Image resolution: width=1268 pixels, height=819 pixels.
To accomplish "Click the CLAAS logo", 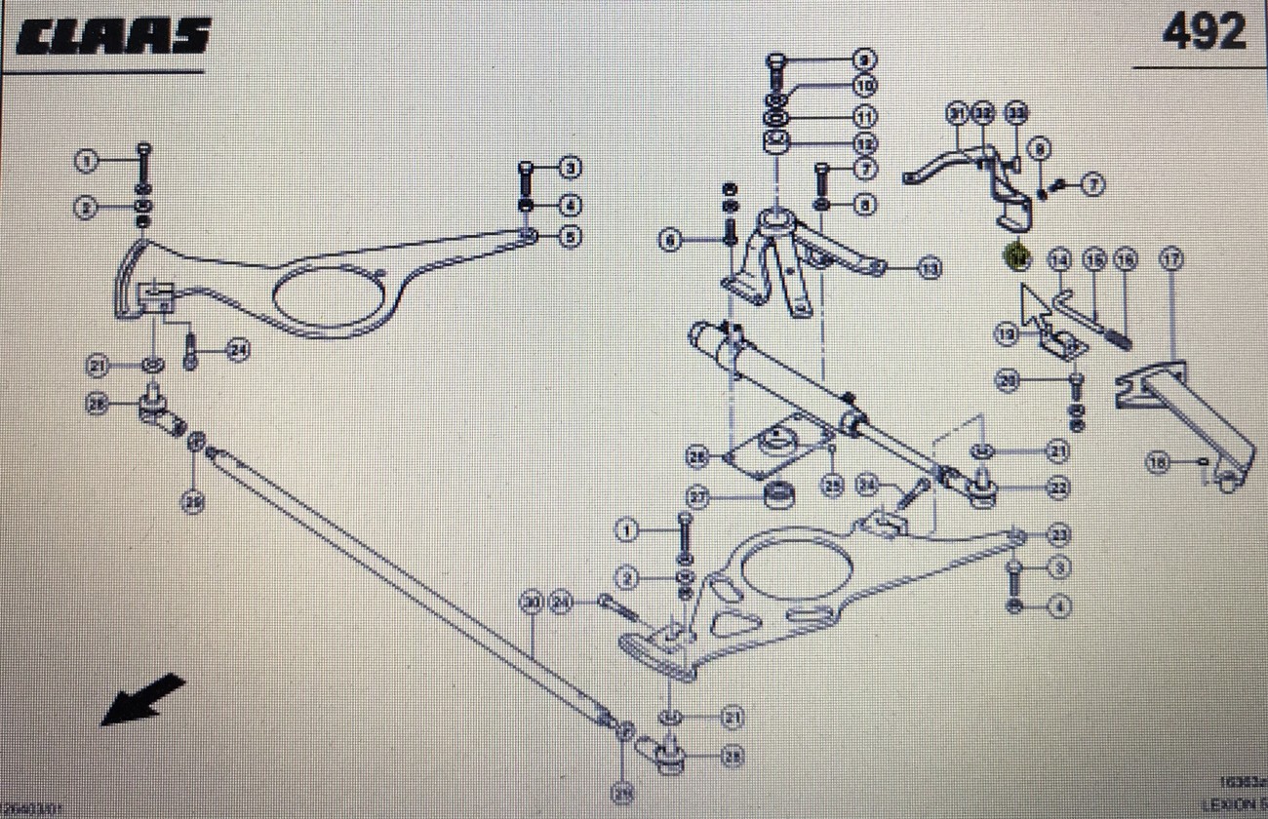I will point(112,36).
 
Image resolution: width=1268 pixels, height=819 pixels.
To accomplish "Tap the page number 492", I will point(1203,32).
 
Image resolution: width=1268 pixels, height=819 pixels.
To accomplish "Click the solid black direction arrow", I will point(141,699).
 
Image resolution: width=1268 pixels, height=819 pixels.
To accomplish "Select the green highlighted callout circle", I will point(1017,257).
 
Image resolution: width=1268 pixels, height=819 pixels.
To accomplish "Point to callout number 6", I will point(670,240).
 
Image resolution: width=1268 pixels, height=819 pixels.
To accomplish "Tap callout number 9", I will point(864,59).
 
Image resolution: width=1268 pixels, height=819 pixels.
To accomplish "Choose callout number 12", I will point(864,143).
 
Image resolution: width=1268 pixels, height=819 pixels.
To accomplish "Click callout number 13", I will point(931,267).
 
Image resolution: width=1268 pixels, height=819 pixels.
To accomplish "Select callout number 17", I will point(1170,259).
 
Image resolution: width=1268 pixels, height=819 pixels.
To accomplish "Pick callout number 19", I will point(1007,334).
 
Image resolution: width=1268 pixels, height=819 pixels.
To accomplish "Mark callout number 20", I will point(1009,380).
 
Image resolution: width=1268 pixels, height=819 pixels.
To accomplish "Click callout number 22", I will point(1058,487).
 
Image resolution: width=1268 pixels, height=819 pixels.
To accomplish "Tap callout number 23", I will point(1058,534).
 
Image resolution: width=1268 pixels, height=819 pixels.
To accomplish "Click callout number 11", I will point(864,116).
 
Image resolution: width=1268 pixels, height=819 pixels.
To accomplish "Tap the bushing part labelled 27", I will point(777,496).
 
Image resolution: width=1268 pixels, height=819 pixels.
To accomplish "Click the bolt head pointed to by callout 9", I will point(776,59).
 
